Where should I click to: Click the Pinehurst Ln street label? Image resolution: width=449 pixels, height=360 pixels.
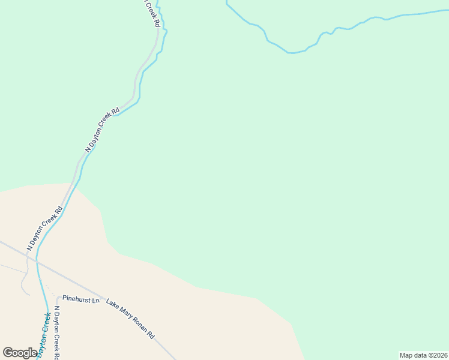click(x=80, y=299)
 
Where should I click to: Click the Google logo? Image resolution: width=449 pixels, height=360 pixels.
click(x=20, y=353)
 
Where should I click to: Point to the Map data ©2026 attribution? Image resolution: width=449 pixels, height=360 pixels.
click(x=423, y=355)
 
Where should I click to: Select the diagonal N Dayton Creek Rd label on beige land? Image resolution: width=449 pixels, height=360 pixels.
click(x=45, y=229)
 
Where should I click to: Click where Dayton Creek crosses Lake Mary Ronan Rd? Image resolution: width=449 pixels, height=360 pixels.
click(x=37, y=259)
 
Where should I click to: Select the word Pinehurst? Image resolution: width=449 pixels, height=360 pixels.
click(x=76, y=299)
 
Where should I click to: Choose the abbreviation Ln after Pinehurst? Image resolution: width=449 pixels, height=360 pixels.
click(x=95, y=299)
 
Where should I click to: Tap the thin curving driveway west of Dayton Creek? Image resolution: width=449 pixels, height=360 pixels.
click(x=25, y=282)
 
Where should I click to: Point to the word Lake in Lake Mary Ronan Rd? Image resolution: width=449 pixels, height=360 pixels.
click(x=112, y=305)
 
